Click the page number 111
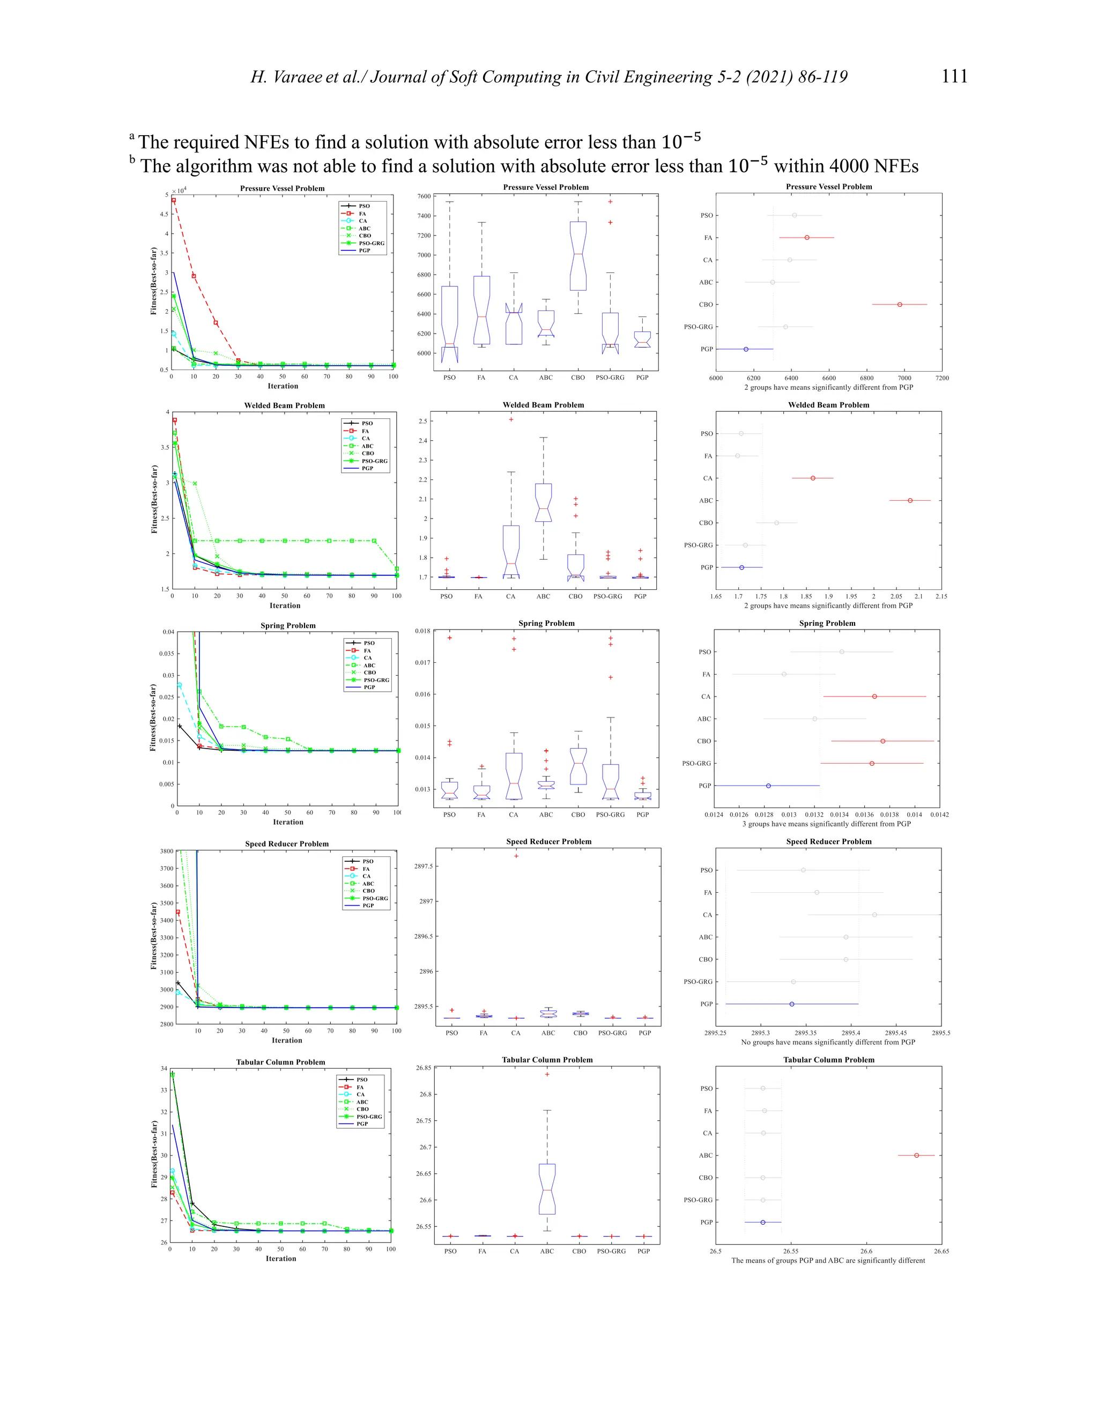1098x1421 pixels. point(954,76)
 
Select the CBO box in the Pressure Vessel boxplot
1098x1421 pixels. point(577,256)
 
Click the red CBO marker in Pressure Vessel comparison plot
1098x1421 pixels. point(900,305)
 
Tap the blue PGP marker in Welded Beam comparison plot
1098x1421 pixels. point(741,567)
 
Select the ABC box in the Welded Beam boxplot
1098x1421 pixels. point(543,502)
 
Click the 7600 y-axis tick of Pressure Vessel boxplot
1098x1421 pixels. point(424,196)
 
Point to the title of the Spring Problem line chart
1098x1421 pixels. point(287,625)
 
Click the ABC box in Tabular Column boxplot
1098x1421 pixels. point(547,1189)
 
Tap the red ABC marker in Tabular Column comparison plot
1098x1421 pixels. point(916,1156)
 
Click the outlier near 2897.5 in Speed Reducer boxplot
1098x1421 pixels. point(516,856)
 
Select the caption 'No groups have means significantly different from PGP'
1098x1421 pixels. point(827,1042)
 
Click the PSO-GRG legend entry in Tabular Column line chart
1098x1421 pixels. point(368,1116)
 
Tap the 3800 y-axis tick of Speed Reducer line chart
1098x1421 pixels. point(167,851)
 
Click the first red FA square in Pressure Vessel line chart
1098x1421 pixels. point(173,201)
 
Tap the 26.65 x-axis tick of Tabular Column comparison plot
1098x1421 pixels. point(940,1251)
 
